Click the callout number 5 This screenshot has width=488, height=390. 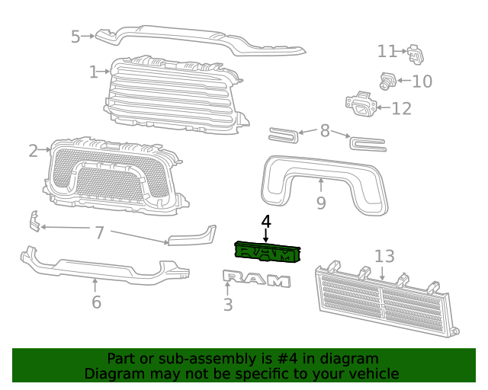pyautogui.click(x=75, y=36)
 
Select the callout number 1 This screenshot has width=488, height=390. pyautogui.click(x=93, y=72)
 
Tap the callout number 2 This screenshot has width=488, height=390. pyautogui.click(x=34, y=151)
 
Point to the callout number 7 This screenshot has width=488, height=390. pyautogui.click(x=99, y=232)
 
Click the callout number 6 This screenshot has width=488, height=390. pyautogui.click(x=96, y=302)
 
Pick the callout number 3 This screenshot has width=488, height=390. pyautogui.click(x=228, y=305)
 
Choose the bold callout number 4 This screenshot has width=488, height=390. pyautogui.click(x=265, y=222)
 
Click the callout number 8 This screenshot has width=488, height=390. pyautogui.click(x=325, y=131)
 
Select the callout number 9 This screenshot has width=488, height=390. pyautogui.click(x=321, y=203)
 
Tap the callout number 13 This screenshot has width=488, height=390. pyautogui.click(x=384, y=256)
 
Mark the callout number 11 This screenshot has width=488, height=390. pyautogui.click(x=387, y=51)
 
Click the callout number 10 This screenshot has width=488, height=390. pyautogui.click(x=422, y=81)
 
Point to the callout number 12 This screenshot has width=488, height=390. pyautogui.click(x=401, y=108)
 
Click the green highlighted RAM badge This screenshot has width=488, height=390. pyautogui.click(x=266, y=251)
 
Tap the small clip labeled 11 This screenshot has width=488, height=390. pyautogui.click(x=415, y=53)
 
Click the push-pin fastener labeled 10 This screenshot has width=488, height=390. pyautogui.click(x=387, y=80)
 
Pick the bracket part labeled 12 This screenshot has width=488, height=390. pyautogui.click(x=362, y=105)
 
